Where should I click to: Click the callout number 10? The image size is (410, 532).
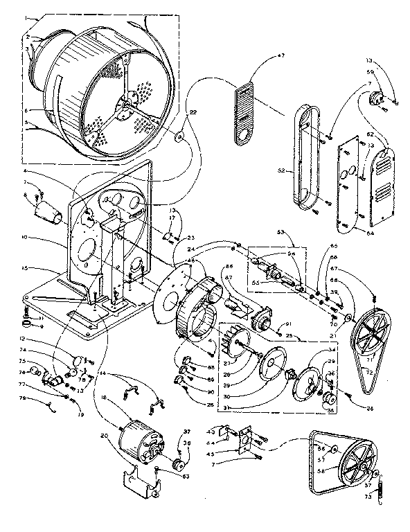click(x=24, y=238)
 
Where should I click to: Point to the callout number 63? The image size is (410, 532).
click(x=167, y=476)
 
